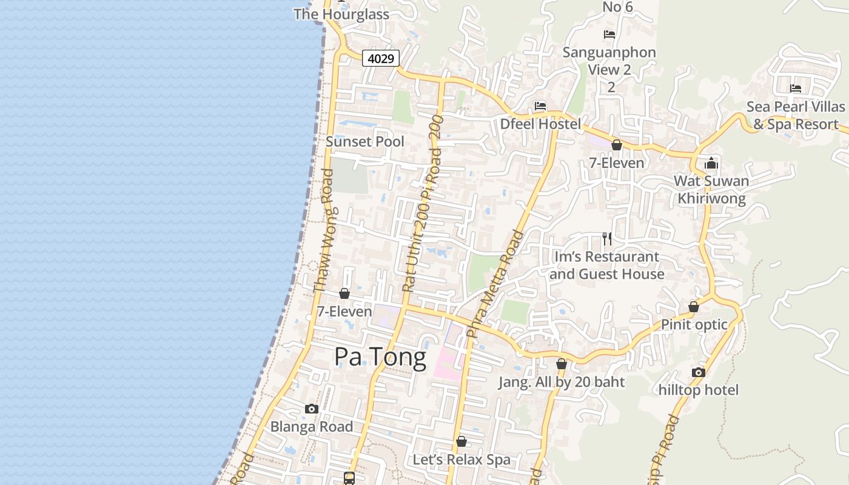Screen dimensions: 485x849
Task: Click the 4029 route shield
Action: [381, 59]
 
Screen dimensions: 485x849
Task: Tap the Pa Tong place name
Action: [380, 357]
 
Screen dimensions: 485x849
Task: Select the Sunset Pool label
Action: [365, 141]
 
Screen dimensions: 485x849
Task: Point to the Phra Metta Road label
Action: [495, 284]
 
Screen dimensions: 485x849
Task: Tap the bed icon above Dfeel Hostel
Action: [540, 106]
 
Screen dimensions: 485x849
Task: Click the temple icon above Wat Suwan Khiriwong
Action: [711, 163]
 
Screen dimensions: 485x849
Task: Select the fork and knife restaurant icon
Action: [607, 239]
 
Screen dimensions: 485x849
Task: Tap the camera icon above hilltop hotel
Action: [699, 372]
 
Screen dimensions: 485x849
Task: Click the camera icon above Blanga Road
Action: [312, 409]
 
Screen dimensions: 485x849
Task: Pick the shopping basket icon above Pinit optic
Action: [694, 307]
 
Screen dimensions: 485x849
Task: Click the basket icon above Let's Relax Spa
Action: [461, 441]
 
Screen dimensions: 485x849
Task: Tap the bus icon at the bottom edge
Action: [349, 478]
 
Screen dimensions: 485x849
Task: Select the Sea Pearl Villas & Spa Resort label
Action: [796, 115]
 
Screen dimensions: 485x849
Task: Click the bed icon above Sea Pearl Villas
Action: [796, 89]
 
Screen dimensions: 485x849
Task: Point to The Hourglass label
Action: [341, 14]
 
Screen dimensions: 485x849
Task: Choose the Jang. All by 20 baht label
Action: [562, 382]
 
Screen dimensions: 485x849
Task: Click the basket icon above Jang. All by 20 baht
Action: [562, 364]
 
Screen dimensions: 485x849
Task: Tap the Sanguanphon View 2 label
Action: [609, 61]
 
